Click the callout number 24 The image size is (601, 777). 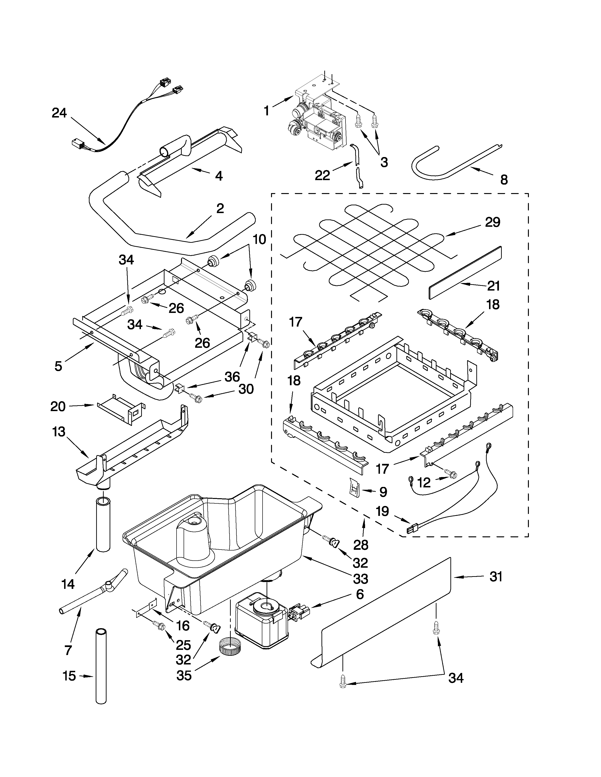pyautogui.click(x=59, y=113)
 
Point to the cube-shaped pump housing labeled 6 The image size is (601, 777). pyautogui.click(x=262, y=623)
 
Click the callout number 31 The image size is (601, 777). pyautogui.click(x=496, y=576)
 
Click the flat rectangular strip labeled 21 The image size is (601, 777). pyautogui.click(x=465, y=272)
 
